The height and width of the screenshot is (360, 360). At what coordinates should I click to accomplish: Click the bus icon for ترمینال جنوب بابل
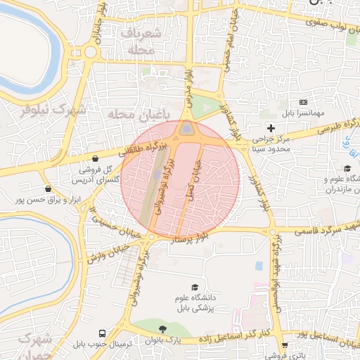(x=103, y=333)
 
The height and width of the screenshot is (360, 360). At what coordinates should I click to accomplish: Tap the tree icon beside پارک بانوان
(x=163, y=328)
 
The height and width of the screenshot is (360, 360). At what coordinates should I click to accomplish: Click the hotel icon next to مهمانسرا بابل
(x=304, y=103)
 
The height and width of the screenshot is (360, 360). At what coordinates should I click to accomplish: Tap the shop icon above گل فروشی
(x=94, y=158)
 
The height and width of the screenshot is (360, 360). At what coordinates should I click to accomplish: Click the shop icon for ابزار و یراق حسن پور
(x=47, y=189)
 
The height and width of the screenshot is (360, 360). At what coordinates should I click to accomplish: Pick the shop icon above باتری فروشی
(x=284, y=345)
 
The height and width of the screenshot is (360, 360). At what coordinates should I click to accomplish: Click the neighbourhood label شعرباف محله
(x=141, y=42)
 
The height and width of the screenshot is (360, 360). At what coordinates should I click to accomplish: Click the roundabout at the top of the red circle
(x=186, y=129)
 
